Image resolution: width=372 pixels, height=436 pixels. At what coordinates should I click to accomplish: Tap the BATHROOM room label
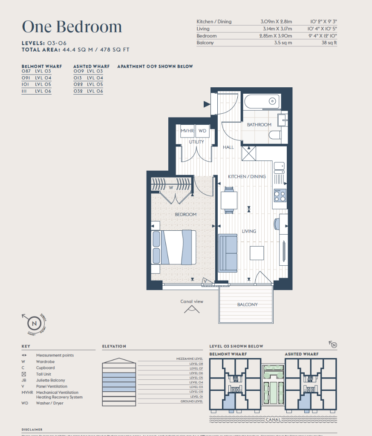pos(259,125)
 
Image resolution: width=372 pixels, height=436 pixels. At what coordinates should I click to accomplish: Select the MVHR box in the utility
pos(187,131)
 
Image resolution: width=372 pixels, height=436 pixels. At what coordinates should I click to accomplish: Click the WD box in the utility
pos(203,131)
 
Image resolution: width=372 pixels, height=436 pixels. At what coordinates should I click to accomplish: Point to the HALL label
pos(228,147)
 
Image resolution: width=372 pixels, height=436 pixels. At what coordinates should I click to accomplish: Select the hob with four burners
pos(280,195)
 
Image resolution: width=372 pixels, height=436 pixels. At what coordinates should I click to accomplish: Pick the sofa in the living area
pos(228,253)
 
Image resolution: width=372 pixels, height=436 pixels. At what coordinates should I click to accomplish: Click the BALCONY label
pos(247,304)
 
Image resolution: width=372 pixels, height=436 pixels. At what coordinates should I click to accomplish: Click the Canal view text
pos(192,301)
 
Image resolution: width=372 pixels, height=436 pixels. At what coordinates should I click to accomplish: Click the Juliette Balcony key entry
pos(50,380)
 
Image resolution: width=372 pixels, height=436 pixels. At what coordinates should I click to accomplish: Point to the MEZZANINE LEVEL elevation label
pos(190,359)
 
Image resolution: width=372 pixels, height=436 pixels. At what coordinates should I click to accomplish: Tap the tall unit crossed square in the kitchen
pos(248,153)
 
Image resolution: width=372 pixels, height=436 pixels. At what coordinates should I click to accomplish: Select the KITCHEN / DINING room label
pos(247,176)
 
